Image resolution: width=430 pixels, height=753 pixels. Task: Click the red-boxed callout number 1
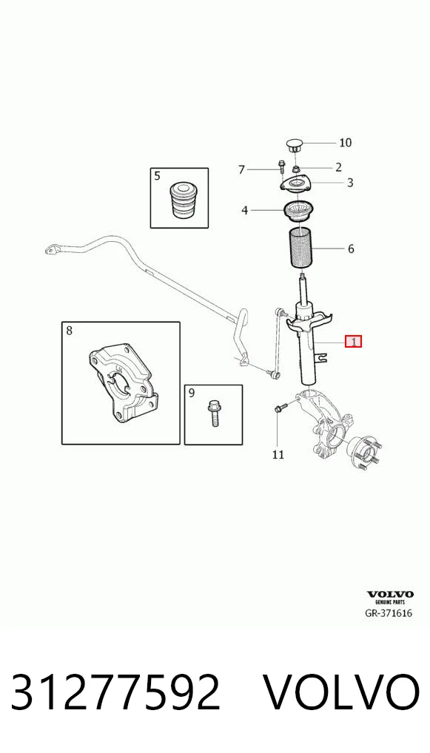point(354,342)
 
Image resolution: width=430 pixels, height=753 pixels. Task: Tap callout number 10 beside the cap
point(345,142)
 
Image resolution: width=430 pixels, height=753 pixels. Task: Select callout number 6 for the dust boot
point(351,249)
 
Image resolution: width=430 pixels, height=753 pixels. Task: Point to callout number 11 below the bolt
point(278,454)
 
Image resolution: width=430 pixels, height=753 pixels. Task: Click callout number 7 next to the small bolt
point(242,169)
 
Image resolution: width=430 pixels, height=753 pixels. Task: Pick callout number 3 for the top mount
point(350,183)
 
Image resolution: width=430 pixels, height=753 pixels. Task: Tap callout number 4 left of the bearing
point(245,210)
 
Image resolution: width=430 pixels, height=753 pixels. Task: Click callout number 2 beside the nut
point(339,167)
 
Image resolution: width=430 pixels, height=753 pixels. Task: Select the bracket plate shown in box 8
point(124,382)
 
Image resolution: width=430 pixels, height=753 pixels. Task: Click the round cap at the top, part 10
point(294,144)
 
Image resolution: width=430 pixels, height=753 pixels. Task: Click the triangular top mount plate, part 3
point(296,186)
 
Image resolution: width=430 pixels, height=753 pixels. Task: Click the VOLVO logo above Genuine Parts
point(390,595)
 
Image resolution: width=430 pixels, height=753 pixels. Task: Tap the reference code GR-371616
point(389,613)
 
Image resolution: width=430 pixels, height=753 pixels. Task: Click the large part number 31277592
point(115,692)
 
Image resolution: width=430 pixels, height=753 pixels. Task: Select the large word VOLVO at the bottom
point(342,692)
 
